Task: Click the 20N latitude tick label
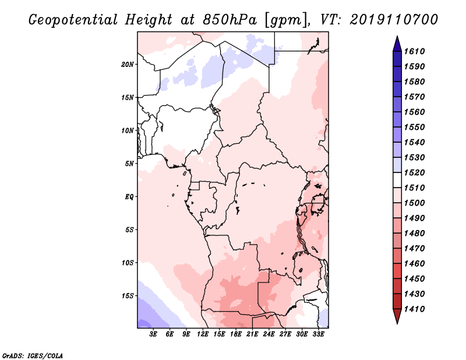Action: pyautogui.click(x=128, y=64)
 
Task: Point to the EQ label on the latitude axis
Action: pyautogui.click(x=129, y=196)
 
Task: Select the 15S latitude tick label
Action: pyautogui.click(x=128, y=296)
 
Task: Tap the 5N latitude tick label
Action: pyautogui.click(x=129, y=164)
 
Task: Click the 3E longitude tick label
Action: pyautogui.click(x=153, y=334)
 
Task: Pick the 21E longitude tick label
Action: pyautogui.click(x=252, y=334)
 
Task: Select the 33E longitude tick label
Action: pyautogui.click(x=318, y=334)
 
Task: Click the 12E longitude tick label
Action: pyautogui.click(x=203, y=334)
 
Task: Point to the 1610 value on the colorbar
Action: pyautogui.click(x=415, y=51)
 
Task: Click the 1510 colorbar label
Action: pyautogui.click(x=415, y=188)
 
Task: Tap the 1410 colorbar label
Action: pyautogui.click(x=415, y=309)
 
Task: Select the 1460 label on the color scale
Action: pyautogui.click(x=415, y=264)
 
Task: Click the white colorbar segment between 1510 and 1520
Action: pyautogui.click(x=397, y=180)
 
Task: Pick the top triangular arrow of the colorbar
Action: pyautogui.click(x=397, y=44)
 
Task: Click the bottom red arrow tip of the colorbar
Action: pyautogui.click(x=397, y=323)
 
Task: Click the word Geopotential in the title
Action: pyautogui.click(x=73, y=20)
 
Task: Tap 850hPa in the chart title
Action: pyautogui.click(x=230, y=20)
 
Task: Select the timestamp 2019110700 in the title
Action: pyautogui.click(x=394, y=20)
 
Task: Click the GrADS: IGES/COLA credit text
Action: pyautogui.click(x=33, y=356)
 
